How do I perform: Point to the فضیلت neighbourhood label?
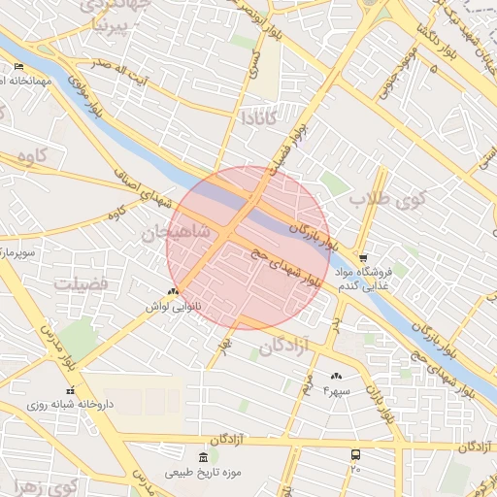click(82, 283)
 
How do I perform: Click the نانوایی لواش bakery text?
click(172, 306)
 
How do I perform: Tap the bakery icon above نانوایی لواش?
click(173, 291)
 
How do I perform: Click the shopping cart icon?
click(362, 258)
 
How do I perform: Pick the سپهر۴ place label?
click(336, 389)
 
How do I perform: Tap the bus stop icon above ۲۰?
click(355, 454)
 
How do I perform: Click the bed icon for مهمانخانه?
click(20, 67)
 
